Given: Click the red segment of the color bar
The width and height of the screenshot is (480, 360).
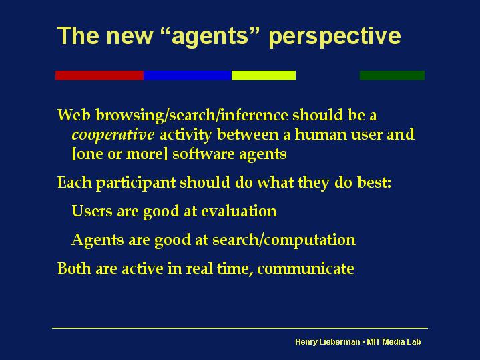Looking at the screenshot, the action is point(99,75).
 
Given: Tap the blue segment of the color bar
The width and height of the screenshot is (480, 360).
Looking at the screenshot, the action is point(188,75).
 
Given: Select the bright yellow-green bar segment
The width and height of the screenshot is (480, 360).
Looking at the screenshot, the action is point(264,75).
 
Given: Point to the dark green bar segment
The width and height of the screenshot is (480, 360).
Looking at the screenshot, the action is point(392,75).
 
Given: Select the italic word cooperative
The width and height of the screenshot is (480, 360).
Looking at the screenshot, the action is point(113,135).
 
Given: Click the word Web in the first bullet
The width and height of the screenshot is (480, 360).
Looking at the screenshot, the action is point(74,115).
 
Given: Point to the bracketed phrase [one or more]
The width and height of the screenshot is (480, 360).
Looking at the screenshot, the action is point(119,154).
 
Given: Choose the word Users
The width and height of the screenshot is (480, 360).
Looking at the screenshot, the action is point(92,211).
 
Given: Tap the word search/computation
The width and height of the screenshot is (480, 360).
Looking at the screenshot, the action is point(284,240).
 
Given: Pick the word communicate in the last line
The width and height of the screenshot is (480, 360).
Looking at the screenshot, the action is point(306,268).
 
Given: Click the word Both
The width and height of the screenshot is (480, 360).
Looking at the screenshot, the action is point(74,268).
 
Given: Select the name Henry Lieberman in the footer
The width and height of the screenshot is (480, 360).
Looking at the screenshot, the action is point(327,341).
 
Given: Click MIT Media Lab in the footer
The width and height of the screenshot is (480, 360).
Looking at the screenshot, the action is point(394,341).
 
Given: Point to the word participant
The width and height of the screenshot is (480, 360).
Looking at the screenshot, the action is point(136,183).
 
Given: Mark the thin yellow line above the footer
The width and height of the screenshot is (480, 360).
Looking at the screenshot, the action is point(240,328).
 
